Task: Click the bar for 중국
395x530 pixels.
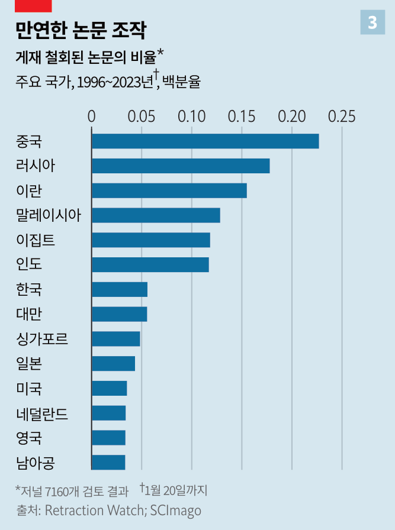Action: point(205,141)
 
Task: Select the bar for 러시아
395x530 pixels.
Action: point(181,166)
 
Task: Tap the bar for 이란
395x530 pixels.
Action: point(169,191)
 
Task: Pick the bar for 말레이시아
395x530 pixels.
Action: point(156,215)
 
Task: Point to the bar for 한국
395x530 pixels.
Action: point(120,289)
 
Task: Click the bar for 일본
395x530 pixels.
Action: point(113,363)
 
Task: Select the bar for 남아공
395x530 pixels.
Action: point(108,462)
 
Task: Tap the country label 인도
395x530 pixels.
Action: point(29,264)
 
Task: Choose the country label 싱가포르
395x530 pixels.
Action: point(42,339)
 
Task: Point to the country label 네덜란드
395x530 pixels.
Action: point(42,413)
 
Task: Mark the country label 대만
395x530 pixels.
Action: point(29,314)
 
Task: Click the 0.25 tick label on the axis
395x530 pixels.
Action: point(342,116)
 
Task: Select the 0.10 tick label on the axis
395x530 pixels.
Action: point(192,116)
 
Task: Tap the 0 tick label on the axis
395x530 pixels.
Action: point(91,116)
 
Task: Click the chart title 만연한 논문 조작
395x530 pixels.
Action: point(81,30)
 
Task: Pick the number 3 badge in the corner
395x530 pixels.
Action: point(372,22)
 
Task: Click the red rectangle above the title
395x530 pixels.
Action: point(34,6)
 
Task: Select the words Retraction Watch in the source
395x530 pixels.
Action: point(95,510)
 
